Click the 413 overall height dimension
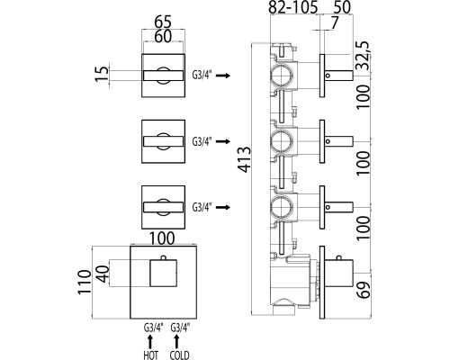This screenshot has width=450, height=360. coord(245,159)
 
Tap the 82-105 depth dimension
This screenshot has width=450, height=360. coord(292,7)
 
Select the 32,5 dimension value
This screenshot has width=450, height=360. coord(364,56)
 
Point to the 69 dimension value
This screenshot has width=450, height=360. coord(364,289)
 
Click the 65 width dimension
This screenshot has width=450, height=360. coord(163,22)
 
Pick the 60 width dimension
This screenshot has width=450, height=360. coord(163,36)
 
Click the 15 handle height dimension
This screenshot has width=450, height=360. coord(103,74)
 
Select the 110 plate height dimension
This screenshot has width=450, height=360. coord(85,282)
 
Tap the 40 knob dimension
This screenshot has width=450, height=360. coord(103,274)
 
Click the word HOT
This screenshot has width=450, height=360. coord(151,355)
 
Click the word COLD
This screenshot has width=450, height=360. coord(179,355)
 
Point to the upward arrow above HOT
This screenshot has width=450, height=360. coord(150,342)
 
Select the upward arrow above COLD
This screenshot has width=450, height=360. coord(176,342)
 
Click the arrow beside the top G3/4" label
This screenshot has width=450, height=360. coord(223,76)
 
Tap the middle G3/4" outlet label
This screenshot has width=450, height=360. coord(202,141)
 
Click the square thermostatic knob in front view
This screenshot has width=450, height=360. coord(164,273)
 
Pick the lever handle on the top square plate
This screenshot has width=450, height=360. coord(164,76)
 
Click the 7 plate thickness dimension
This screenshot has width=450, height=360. coord(334,22)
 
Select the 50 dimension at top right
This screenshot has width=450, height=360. coord(342,7)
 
